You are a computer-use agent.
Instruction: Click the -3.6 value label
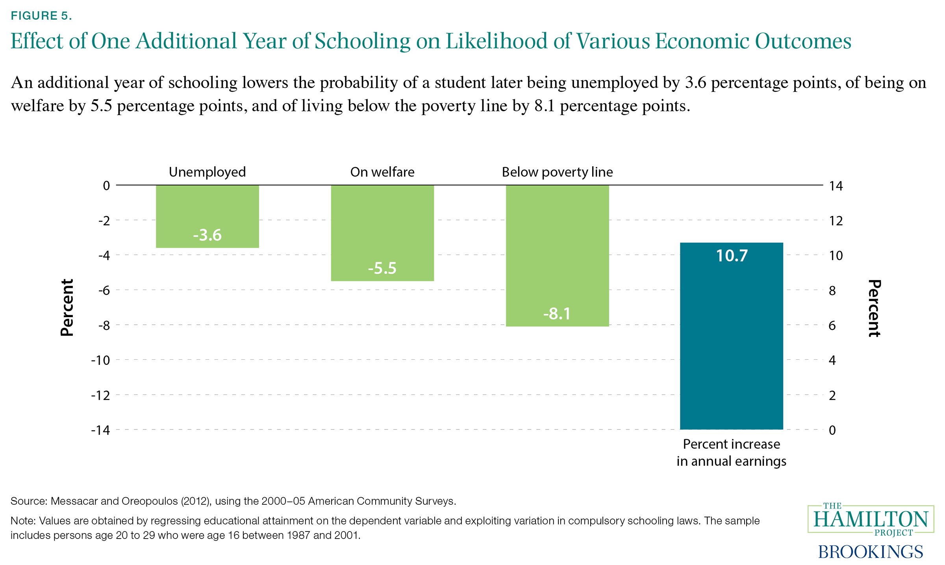pos(208,235)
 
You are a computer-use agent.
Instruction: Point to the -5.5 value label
pos(382,268)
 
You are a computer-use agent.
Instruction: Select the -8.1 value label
pos(557,314)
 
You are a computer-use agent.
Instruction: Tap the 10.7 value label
pos(732,256)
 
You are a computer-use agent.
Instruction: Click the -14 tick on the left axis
pos(100,430)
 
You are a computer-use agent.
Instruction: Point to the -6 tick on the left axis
pos(104,290)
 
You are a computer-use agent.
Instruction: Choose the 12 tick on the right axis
pos(836,221)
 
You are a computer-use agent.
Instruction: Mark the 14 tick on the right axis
pos(836,186)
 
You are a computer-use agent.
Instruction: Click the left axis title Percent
pos(67,308)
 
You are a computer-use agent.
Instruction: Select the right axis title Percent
pos(874,308)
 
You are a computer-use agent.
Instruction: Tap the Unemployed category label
pos(208,172)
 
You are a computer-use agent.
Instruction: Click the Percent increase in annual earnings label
pos(732,452)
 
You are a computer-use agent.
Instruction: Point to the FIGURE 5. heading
pos(41,16)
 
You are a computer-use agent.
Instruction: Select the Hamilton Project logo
pos(871,519)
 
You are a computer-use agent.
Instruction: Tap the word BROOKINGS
pos(871,552)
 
